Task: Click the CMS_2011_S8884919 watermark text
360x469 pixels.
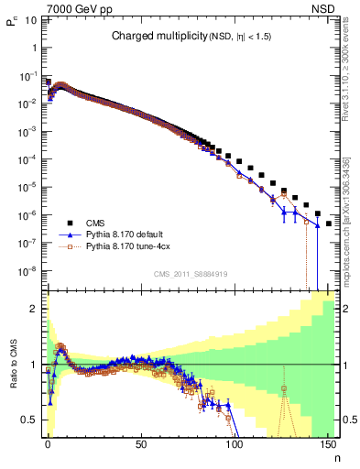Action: click(x=191, y=274)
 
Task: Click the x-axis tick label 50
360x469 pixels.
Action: click(x=141, y=444)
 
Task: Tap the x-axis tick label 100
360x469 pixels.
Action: click(x=234, y=444)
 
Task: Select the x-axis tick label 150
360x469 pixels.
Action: click(x=327, y=444)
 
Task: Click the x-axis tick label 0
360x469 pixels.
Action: click(x=48, y=444)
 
